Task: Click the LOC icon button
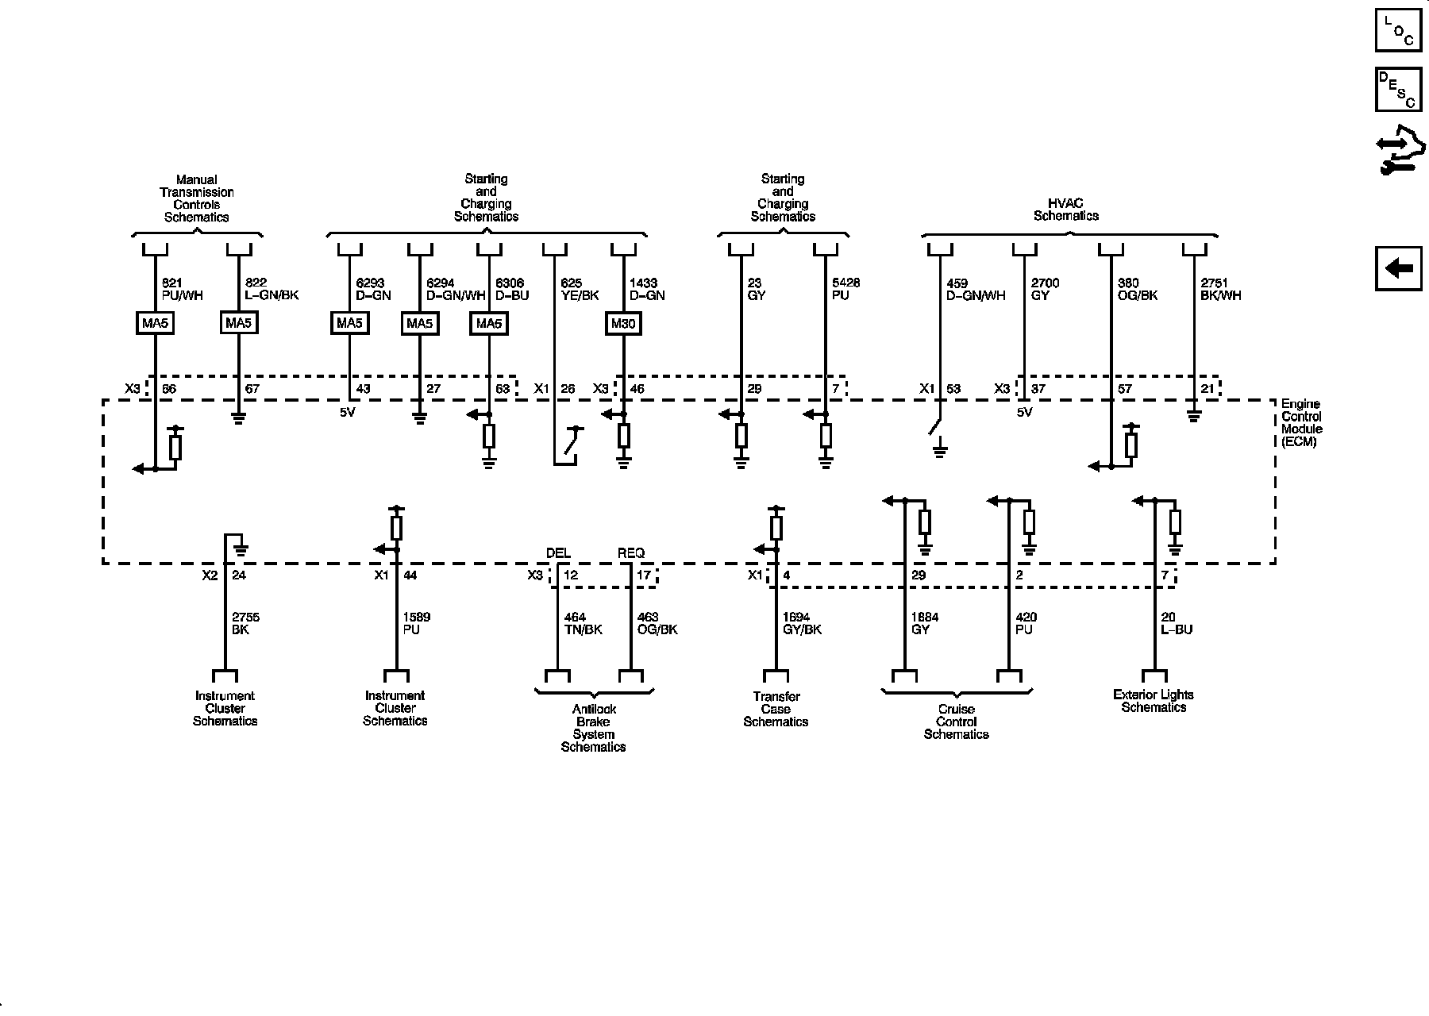1399,30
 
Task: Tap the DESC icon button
1399,90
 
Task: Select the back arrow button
1399,268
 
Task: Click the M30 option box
623,324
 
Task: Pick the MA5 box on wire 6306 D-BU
488,324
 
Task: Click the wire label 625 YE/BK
580,289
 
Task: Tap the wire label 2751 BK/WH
1220,289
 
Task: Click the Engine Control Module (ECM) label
1301,423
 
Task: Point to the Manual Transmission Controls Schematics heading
196,198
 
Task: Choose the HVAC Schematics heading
1065,210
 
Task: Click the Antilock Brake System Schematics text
593,728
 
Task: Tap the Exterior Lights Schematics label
1153,701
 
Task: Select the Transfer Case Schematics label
776,709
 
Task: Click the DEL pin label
558,553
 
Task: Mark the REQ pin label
631,553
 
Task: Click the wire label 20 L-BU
1177,623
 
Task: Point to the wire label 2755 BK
245,623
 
